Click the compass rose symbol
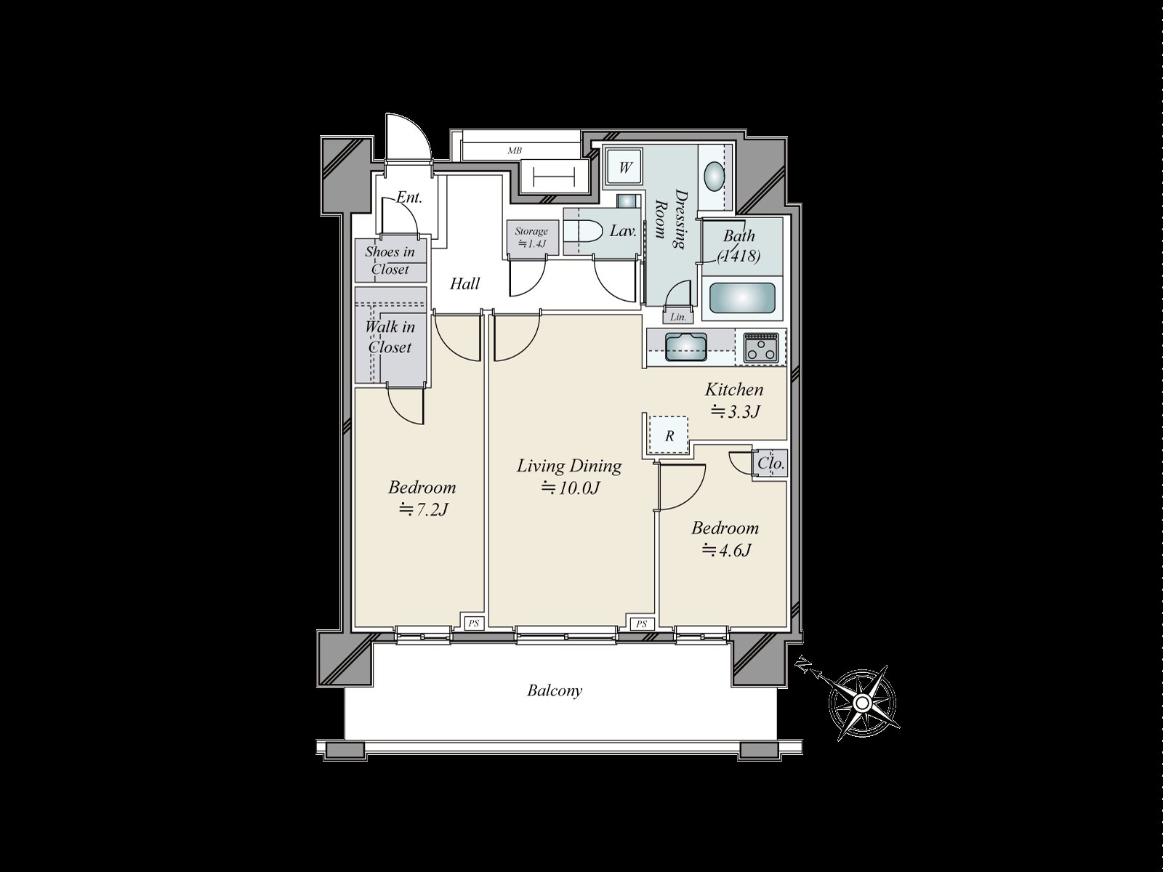863,703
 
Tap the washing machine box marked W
624,168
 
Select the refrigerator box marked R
669,436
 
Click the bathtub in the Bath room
741,299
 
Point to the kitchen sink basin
686,347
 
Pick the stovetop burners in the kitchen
761,348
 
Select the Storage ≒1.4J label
531,237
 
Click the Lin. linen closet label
678,317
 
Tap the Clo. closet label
771,464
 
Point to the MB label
515,150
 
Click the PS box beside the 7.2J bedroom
474,623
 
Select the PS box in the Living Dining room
641,623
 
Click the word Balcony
555,691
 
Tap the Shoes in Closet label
390,260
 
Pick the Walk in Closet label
390,336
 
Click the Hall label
464,284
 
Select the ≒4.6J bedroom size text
726,551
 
